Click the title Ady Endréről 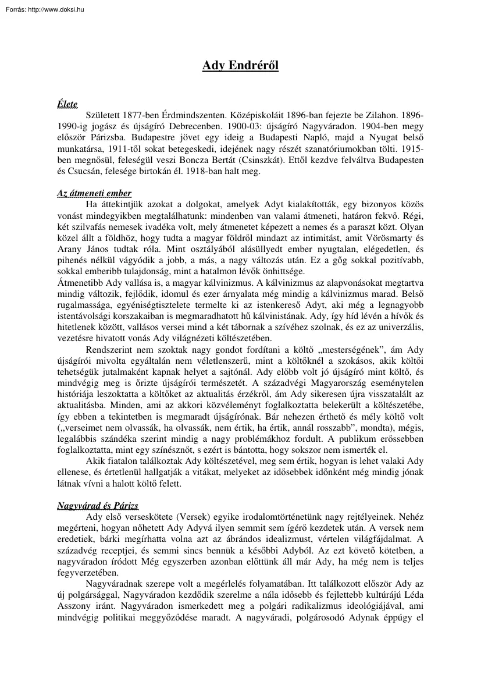(240, 66)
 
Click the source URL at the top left (43, 9)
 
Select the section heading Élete (67, 104)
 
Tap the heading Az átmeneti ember (94, 193)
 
